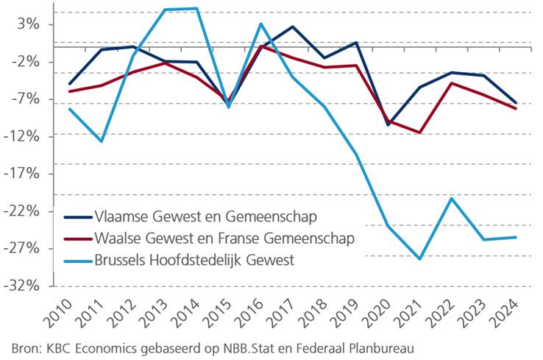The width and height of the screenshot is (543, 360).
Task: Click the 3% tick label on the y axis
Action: pos(29,24)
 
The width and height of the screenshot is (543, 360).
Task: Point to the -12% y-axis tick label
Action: pos(25,136)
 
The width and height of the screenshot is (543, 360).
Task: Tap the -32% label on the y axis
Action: pos(25,286)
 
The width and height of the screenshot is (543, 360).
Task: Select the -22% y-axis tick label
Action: pos(25,211)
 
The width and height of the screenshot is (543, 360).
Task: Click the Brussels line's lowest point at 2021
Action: pos(420,259)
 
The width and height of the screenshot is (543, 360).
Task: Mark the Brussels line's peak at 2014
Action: pos(196,8)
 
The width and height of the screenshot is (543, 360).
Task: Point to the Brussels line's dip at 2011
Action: pos(102,141)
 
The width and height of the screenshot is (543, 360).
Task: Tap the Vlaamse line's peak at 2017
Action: pos(293,27)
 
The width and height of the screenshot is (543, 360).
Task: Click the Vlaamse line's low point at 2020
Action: pos(388,125)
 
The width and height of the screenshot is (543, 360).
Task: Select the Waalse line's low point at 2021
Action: pos(420,133)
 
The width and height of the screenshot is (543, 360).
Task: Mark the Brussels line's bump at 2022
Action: pos(452,198)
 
